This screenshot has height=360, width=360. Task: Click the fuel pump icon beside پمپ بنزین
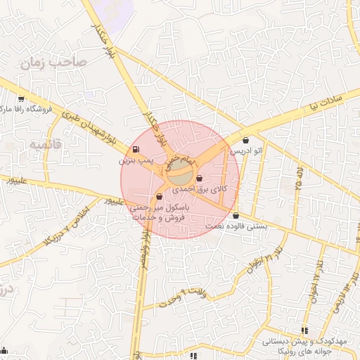[135, 149]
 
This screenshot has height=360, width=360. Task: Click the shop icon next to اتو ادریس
[245, 140]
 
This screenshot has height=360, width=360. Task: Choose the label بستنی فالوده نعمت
[236, 226]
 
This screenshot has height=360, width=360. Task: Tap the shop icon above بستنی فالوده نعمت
[236, 215]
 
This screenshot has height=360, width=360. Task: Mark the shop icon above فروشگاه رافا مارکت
[21, 99]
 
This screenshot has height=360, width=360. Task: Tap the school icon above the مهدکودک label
[304, 330]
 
